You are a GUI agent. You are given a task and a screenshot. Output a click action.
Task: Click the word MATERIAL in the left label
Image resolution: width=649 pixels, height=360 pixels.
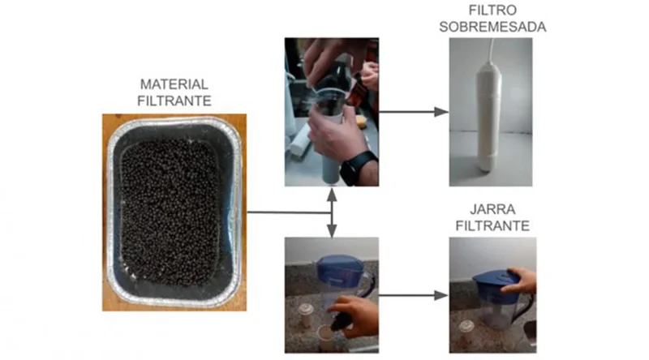coord(174,84)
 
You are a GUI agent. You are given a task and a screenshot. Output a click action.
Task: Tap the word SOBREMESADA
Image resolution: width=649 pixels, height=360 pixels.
coord(492,27)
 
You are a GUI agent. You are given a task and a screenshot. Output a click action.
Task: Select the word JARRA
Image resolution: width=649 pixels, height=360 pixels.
coord(492,209)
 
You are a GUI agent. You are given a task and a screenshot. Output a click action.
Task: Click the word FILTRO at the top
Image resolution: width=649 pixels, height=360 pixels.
coord(492,10)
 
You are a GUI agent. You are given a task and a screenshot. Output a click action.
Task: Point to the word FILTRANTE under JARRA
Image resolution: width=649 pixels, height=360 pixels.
coord(492,226)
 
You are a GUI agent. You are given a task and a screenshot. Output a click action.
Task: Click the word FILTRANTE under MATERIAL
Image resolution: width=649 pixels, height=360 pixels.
coord(174,101)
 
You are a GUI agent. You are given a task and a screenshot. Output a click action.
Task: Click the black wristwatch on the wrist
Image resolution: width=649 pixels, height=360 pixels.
coord(358,167)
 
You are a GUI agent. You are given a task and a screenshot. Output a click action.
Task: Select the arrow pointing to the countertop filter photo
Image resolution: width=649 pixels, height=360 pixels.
coord(414,111)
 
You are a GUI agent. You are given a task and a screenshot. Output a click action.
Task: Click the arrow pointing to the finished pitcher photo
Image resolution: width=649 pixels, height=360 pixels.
coord(414,295)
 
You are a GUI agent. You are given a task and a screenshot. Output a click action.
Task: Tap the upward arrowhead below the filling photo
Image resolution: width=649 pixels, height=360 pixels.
coord(332,195)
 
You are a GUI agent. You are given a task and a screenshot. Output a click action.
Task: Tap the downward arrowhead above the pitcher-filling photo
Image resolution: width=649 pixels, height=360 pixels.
coord(332,231)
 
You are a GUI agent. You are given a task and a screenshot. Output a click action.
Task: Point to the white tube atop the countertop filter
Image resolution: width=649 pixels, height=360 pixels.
coord(492,50)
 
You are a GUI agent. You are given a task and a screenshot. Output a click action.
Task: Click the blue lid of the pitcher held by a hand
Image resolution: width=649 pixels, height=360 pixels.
coord(496,282)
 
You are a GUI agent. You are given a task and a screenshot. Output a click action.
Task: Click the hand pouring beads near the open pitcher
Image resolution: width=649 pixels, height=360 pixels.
coord(354,314)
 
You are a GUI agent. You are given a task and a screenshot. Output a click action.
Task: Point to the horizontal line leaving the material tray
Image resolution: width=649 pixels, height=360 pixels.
coord(289,212)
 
